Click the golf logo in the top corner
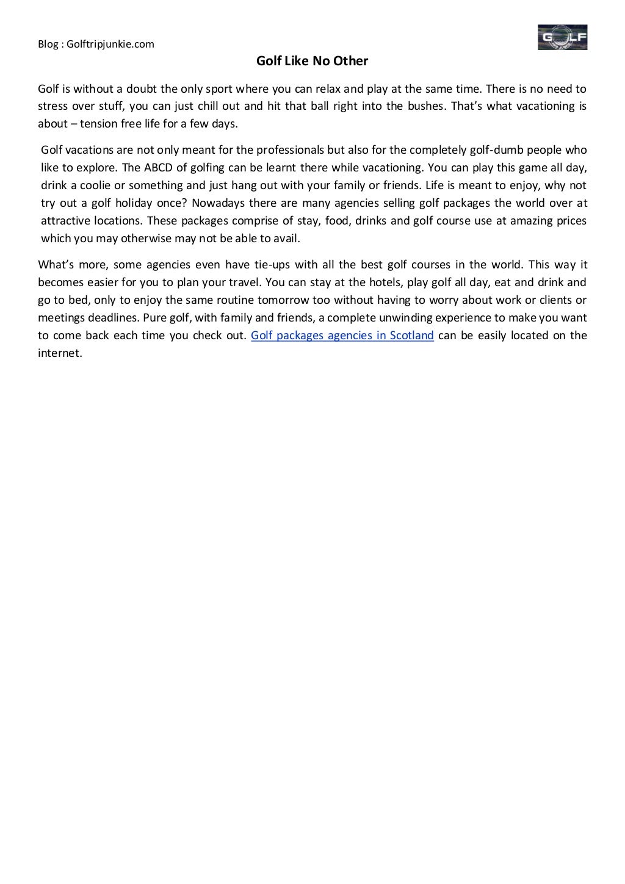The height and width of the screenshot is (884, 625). [562, 37]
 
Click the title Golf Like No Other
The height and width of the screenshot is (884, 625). [312, 61]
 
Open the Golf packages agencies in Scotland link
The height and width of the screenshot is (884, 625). [342, 336]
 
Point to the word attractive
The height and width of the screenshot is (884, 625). [66, 221]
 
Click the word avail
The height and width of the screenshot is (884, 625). [287, 239]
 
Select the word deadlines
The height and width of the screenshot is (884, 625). [110, 318]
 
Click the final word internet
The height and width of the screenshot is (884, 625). [59, 353]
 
